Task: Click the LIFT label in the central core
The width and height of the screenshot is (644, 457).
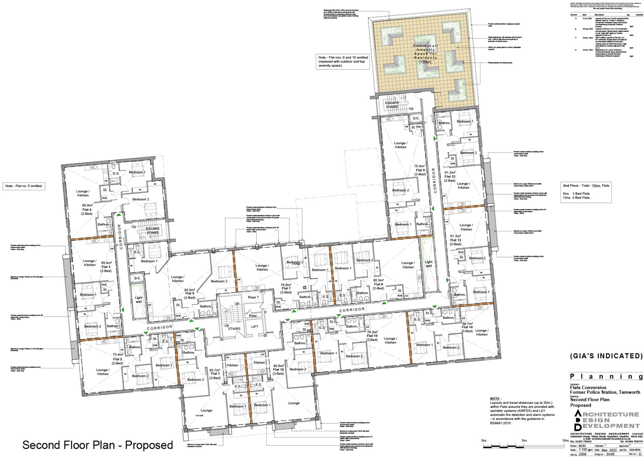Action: click(254, 327)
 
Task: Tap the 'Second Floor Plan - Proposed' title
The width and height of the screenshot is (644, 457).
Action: click(97, 444)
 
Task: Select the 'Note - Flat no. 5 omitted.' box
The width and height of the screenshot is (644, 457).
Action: click(24, 186)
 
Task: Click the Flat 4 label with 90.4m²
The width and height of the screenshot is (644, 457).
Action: click(87, 209)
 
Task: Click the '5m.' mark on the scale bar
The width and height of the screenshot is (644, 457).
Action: click(524, 440)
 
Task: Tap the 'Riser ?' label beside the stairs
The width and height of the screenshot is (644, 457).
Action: click(253, 297)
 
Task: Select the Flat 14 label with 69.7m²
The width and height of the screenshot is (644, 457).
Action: click(467, 327)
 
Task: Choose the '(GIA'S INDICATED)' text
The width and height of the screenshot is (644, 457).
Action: click(606, 356)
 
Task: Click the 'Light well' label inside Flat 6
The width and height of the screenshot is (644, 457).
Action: click(139, 300)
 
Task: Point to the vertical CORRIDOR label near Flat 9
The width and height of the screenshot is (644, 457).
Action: click(435, 180)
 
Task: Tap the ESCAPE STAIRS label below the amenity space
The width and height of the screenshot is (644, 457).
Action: click(392, 105)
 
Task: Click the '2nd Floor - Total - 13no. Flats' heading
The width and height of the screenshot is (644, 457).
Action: click(585, 185)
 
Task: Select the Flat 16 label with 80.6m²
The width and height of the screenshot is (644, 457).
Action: click(278, 370)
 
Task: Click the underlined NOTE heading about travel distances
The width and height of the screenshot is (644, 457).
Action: click(496, 398)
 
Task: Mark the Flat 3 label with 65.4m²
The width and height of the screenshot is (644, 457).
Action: click(106, 267)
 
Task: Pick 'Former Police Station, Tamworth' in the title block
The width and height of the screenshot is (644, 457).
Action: click(605, 392)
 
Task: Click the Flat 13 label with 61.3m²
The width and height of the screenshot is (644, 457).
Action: click(455, 240)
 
